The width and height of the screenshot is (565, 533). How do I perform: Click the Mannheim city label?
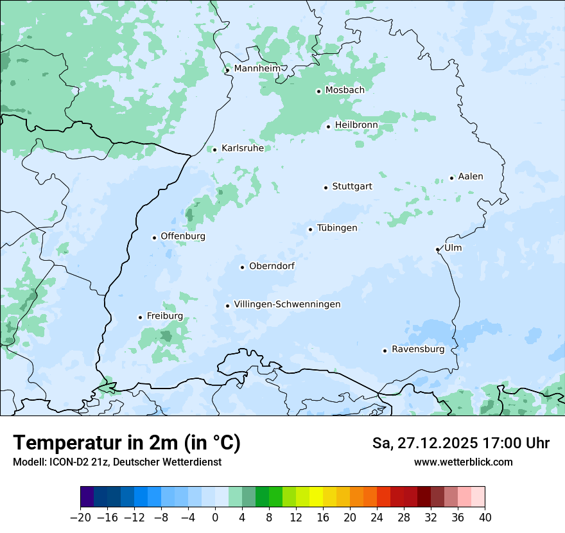[x=257, y=68]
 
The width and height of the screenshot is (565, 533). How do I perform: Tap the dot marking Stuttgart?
[x=326, y=188]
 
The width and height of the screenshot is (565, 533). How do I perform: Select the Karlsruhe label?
[x=242, y=148]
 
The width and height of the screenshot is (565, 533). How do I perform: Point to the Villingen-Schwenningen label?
[x=287, y=304]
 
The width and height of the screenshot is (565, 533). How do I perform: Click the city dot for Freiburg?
[x=140, y=317]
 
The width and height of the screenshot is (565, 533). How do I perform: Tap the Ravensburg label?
[x=417, y=349]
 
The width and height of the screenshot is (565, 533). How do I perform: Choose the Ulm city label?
[x=453, y=248]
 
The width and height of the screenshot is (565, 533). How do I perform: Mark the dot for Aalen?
[x=451, y=178]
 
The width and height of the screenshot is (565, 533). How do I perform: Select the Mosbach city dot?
[x=318, y=91]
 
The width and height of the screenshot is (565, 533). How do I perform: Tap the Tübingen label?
[x=336, y=228]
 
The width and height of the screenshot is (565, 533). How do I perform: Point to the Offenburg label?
[x=182, y=236]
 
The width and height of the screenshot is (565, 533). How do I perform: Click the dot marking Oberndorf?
[x=242, y=267]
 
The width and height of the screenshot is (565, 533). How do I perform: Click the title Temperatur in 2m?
[x=126, y=442]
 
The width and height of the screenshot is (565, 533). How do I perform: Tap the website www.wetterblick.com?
[x=463, y=462]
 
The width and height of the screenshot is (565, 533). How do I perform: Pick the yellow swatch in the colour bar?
[x=316, y=498]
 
